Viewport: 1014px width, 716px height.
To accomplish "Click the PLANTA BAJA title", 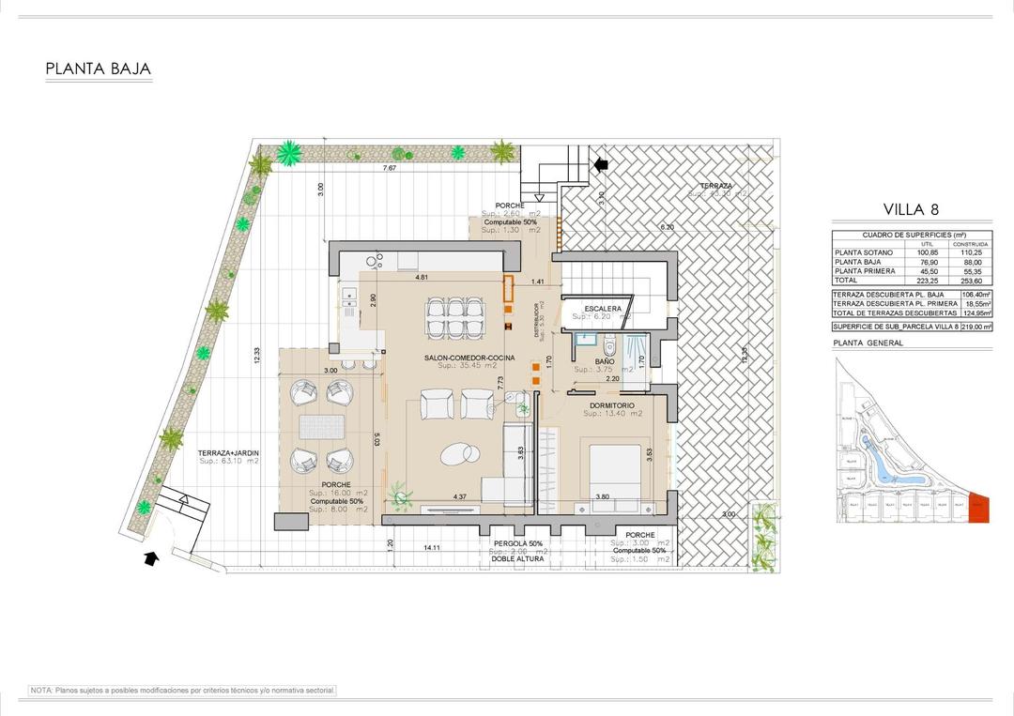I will tap(98, 69).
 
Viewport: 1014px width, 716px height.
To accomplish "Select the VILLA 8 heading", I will tap(911, 209).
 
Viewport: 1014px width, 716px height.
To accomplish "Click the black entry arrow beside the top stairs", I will tap(601, 164).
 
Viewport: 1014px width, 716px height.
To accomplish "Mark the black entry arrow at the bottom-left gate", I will tap(151, 560).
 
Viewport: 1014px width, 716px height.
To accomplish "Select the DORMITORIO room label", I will tap(612, 405).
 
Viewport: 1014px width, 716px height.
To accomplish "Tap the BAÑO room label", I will tap(605, 361).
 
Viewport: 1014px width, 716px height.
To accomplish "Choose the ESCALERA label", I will tap(602, 309).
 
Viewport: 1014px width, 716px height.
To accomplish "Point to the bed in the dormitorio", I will tap(614, 469).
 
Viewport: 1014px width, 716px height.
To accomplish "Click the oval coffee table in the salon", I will tap(457, 452).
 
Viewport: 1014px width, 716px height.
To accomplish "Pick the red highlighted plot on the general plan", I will tap(978, 510).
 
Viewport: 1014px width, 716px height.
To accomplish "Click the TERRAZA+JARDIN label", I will tap(228, 453).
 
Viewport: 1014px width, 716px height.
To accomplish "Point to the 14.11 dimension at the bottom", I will tap(433, 546).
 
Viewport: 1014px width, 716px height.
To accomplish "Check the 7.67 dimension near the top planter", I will tap(389, 168).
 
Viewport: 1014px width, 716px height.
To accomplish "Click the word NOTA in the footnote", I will tap(41, 690).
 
